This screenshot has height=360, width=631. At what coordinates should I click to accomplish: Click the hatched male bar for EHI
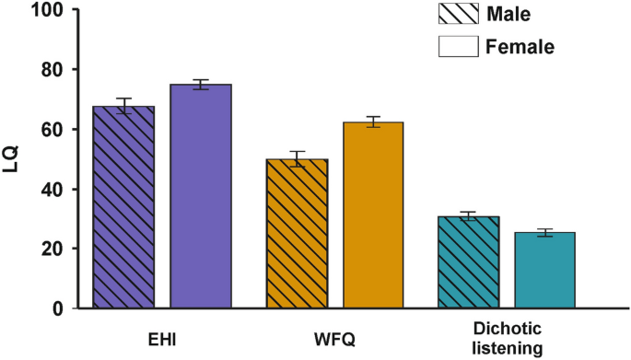pos(123,207)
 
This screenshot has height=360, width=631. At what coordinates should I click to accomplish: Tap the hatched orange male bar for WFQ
pos(297,234)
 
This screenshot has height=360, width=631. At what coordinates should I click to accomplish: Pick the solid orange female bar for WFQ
pos(374,215)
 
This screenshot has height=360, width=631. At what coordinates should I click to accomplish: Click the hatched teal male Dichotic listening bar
pos(468,262)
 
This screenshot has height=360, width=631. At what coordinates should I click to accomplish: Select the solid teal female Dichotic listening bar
pos(544,271)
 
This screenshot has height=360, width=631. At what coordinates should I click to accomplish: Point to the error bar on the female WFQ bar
pos(374,122)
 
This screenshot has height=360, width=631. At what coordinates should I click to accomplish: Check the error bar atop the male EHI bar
pos(123,106)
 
